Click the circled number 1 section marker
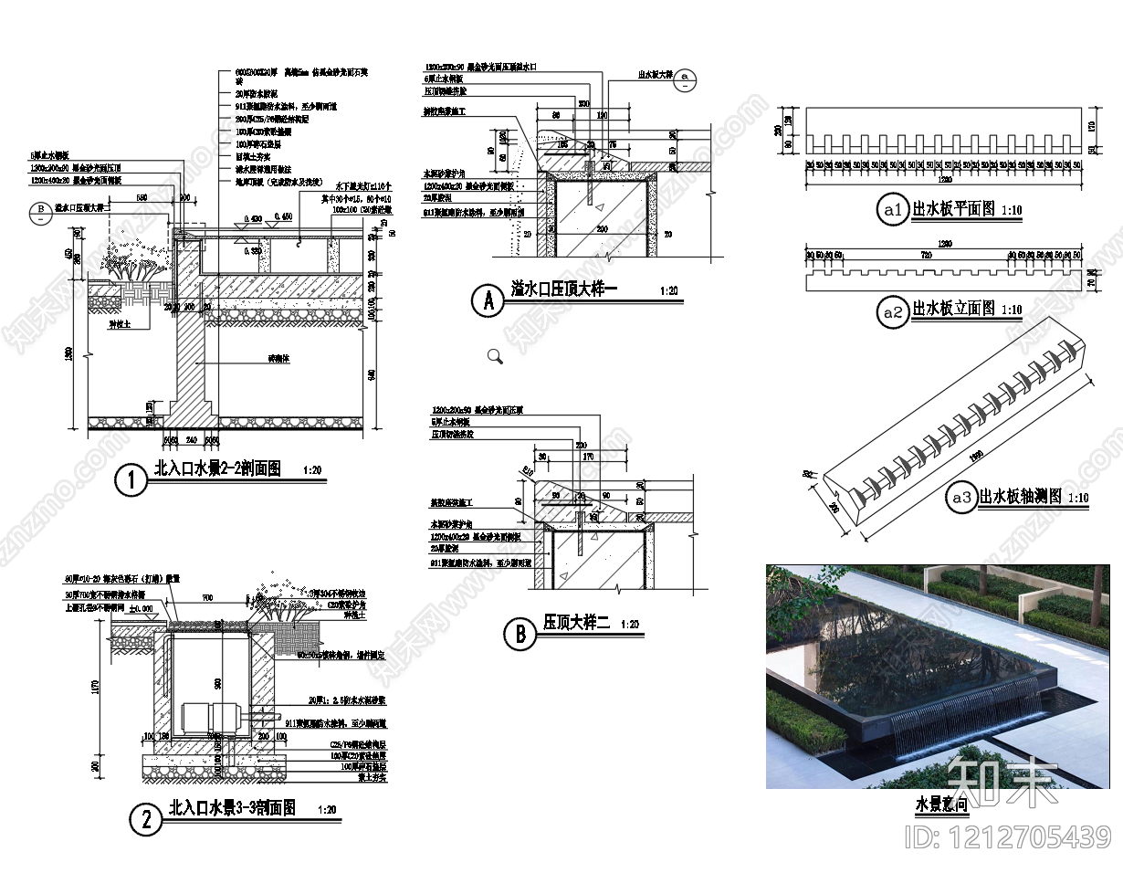(x=132, y=480)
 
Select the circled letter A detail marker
(x=488, y=300)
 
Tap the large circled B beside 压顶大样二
(x=520, y=633)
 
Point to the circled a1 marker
(x=892, y=211)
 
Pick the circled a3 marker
(x=960, y=498)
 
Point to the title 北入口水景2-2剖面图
(x=217, y=469)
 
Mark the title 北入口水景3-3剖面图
(x=232, y=808)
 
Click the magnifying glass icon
(x=495, y=356)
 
